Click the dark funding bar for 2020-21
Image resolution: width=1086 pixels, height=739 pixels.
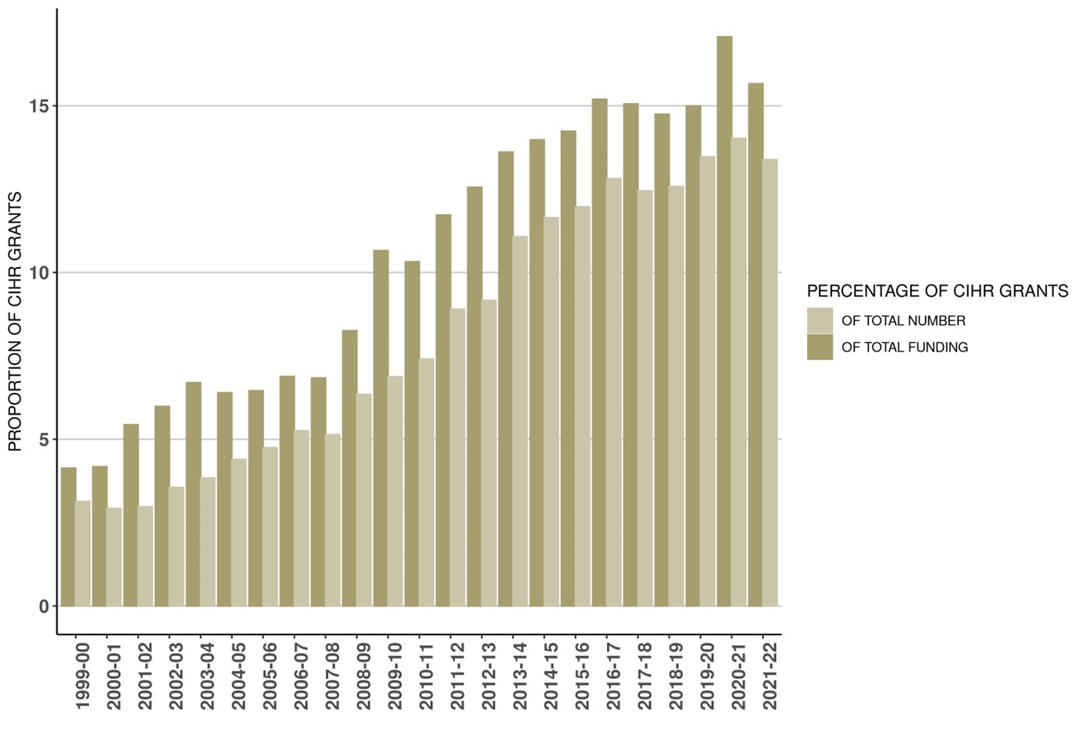coord(724,320)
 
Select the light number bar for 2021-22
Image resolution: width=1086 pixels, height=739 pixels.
coord(770,383)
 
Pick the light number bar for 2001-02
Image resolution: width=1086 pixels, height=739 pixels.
coord(145,556)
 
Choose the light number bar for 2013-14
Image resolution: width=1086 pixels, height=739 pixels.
coord(520,421)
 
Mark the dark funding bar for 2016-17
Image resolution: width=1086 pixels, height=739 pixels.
coord(599,352)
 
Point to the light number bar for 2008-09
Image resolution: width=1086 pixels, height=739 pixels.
coord(364,500)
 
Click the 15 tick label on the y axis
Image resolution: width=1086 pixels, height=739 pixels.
coord(39,106)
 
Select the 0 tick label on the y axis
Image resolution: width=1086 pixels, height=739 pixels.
coord(44,606)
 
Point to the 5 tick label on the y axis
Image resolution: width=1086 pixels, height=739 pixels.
coord(44,440)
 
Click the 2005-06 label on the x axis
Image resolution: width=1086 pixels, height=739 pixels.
coord(270,677)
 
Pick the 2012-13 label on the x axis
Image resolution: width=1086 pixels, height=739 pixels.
coord(489,677)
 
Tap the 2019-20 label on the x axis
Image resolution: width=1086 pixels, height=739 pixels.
coord(708,677)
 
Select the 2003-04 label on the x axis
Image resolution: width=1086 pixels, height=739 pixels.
coord(208,677)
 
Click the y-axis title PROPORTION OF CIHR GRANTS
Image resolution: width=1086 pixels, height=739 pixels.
coord(15,321)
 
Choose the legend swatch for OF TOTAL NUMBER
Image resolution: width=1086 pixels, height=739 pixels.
coord(820,320)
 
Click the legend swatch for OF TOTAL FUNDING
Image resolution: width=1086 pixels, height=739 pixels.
coord(820,347)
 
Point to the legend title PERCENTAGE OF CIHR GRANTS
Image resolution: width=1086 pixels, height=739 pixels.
coord(937,291)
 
